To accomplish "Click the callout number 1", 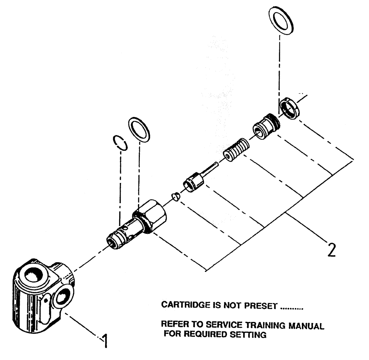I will (x=105, y=342).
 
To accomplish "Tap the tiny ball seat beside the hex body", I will (x=176, y=196).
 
